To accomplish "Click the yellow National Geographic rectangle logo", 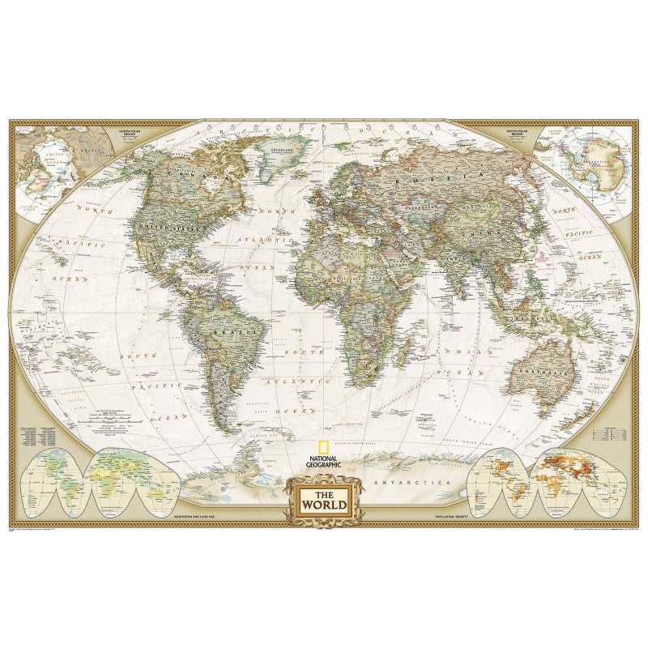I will click(x=323, y=446).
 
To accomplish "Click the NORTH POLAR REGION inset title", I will click(x=134, y=130).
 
